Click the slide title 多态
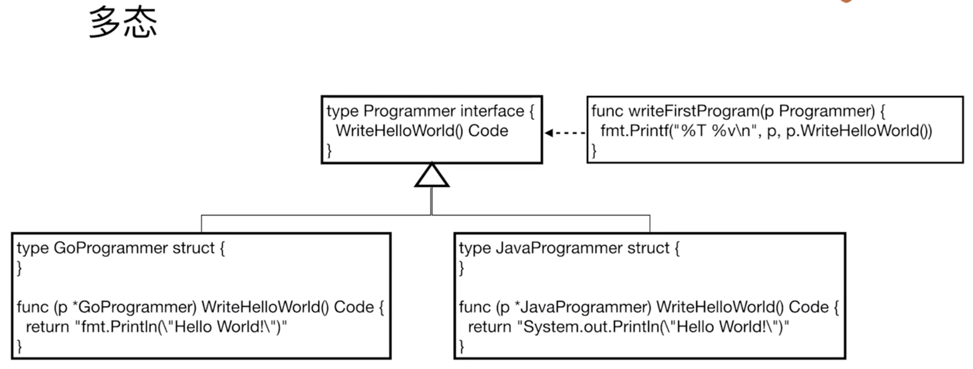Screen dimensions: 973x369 click(x=123, y=23)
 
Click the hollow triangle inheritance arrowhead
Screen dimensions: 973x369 click(x=432, y=175)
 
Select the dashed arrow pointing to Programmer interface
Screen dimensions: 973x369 click(x=565, y=133)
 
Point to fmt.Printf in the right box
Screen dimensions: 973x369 click(x=635, y=131)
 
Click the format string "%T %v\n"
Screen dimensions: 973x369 click(x=713, y=131)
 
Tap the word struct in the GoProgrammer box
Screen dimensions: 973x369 click(x=193, y=248)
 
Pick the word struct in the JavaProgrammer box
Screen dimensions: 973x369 click(x=648, y=248)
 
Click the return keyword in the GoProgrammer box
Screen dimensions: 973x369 click(x=47, y=327)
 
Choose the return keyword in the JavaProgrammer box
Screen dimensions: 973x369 click(x=489, y=327)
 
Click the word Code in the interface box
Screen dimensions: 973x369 click(x=488, y=131)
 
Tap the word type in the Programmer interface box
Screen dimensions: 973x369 click(x=343, y=111)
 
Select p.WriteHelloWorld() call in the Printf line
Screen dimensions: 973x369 click(x=859, y=131)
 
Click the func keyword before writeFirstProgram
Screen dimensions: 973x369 click(x=607, y=111)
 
